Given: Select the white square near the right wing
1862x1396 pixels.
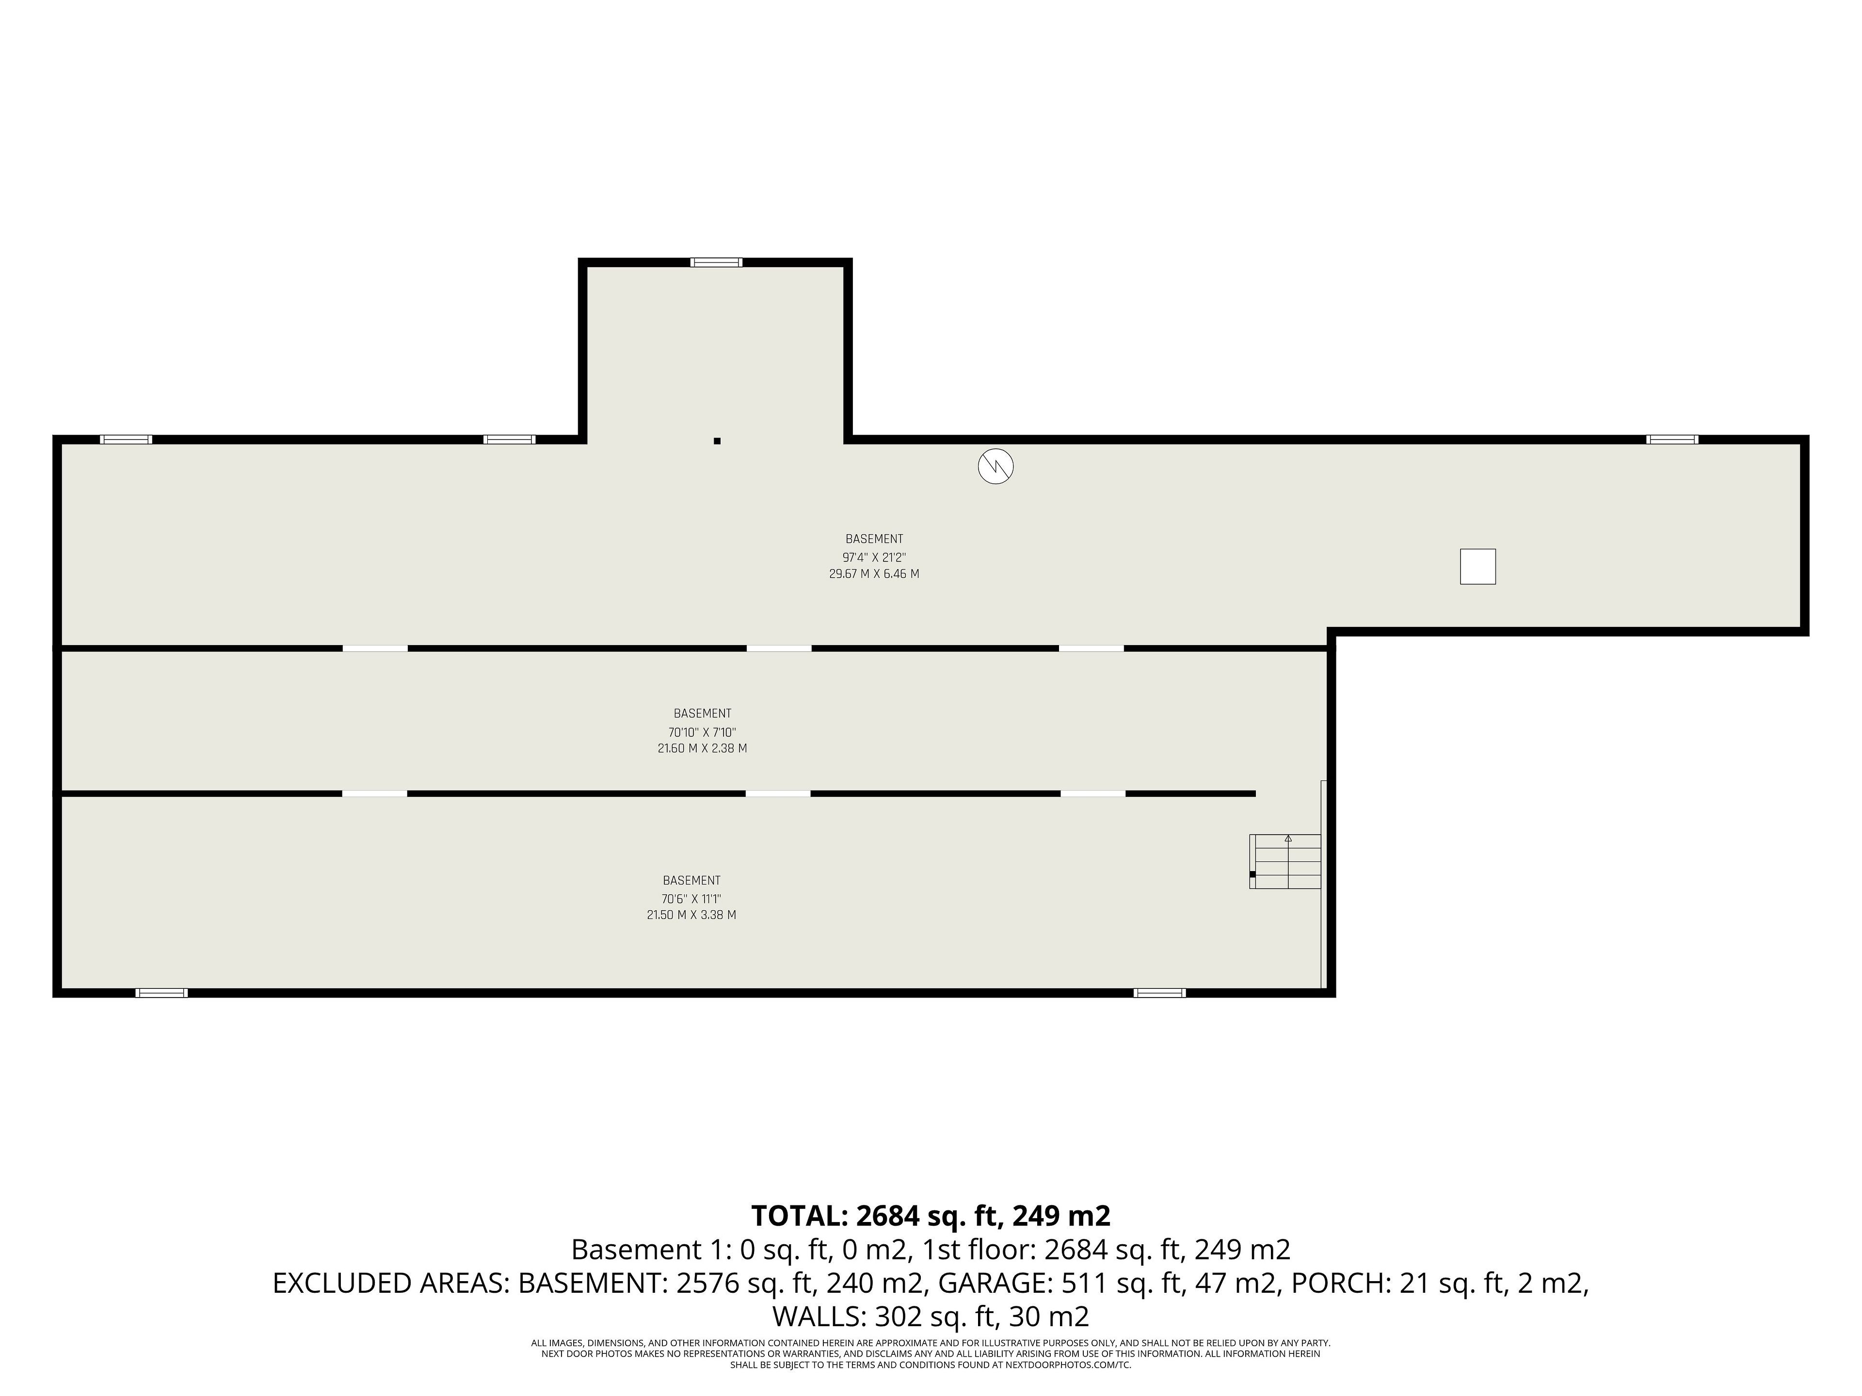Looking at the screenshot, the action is point(1477,566).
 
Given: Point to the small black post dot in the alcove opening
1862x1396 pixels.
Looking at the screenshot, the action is point(717,441).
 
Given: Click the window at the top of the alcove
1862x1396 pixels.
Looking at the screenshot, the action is point(716,263).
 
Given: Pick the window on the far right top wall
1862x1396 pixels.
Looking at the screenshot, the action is point(1672,439).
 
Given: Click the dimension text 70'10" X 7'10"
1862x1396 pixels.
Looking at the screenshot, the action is point(702,732).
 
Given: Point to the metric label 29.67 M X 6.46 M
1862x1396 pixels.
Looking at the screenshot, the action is point(874,574).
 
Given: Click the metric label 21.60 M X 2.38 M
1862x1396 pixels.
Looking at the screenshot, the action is point(702,748).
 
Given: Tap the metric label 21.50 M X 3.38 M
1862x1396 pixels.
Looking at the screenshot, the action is point(691,915).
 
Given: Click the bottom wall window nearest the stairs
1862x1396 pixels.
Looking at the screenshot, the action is point(1160,993).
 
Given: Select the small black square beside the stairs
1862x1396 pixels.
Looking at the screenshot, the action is point(1252,874).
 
